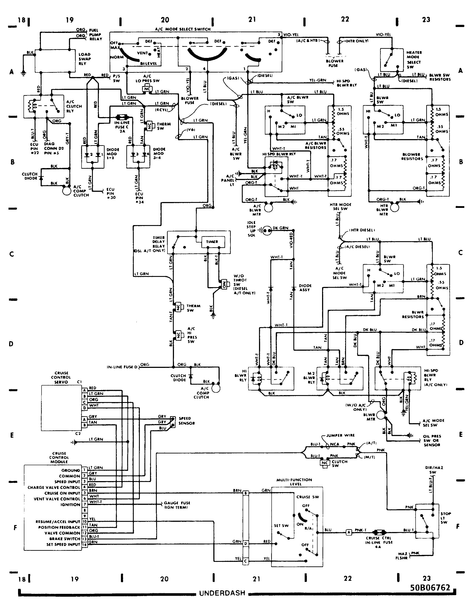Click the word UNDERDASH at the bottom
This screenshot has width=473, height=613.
pyautogui.click(x=222, y=593)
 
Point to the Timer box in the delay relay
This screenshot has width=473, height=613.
pyautogui.click(x=212, y=242)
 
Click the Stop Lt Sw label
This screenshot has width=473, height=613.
pyautogui.click(x=446, y=518)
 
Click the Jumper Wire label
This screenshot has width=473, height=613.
pyautogui.click(x=340, y=435)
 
